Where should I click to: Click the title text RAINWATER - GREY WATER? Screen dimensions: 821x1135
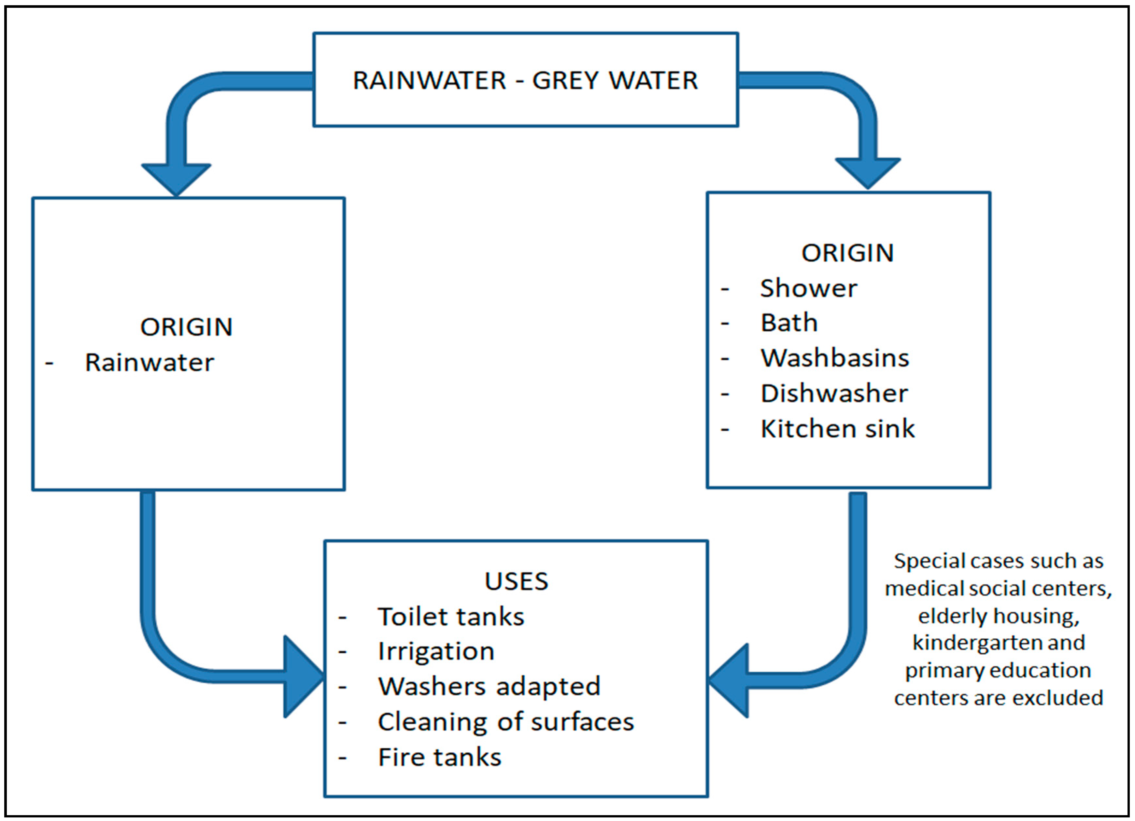point(525,80)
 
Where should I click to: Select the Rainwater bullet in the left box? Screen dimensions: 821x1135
point(149,362)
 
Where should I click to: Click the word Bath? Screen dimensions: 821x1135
point(789,323)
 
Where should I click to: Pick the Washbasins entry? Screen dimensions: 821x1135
point(835,358)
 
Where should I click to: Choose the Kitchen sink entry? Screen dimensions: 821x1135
point(837,429)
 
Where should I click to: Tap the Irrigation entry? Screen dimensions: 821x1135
point(436,651)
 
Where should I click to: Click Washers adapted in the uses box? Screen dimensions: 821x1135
point(489,687)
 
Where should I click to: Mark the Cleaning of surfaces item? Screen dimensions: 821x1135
point(505,722)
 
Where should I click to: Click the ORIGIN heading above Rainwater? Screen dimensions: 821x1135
point(186,327)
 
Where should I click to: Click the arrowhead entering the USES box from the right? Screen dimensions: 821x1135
point(731,680)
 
